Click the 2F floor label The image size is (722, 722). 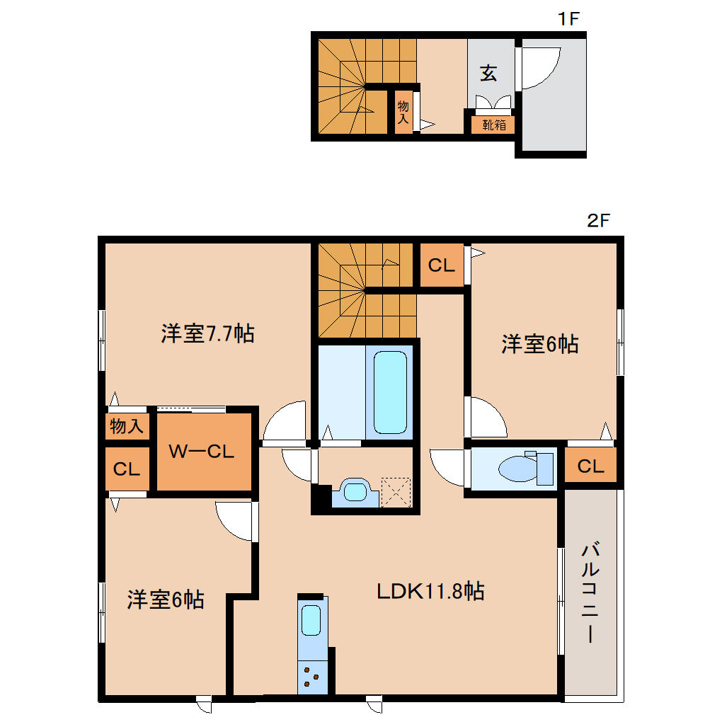(598, 220)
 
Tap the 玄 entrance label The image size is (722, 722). (488, 73)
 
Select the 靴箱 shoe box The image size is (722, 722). (494, 125)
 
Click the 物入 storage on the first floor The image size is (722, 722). (403, 113)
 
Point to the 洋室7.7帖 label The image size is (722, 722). (207, 333)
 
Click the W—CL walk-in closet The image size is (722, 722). (202, 452)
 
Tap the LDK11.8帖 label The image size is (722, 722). (430, 591)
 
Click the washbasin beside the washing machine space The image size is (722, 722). (355, 493)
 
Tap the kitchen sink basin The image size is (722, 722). (311, 621)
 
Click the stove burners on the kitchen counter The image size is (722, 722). (311, 677)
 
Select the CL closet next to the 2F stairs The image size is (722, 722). (442, 265)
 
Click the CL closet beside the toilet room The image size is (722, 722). (590, 466)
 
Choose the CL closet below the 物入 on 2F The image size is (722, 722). (127, 469)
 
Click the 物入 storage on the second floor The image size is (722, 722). (127, 427)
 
